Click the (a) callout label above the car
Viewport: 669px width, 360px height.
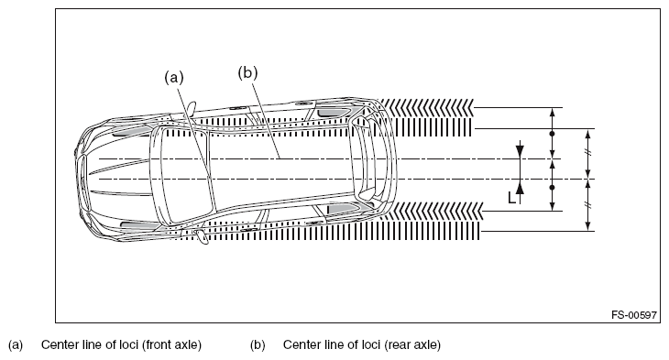174,77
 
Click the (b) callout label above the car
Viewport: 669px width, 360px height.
247,72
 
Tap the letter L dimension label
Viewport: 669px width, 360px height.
512,198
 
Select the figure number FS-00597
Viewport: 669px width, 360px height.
634,315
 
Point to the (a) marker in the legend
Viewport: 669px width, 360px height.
16,344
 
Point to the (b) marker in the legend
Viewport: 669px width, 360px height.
258,344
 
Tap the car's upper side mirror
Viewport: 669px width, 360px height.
191,108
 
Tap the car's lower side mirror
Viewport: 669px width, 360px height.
202,236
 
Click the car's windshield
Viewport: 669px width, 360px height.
182,174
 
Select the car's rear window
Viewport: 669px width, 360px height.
364,161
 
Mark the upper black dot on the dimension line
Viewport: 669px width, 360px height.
552,134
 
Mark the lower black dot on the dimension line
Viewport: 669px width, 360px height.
552,187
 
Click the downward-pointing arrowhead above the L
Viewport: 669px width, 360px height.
520,151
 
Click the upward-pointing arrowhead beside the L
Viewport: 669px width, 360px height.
520,187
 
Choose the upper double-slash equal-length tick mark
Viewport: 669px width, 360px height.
588,153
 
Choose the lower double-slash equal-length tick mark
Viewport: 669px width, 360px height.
588,205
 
